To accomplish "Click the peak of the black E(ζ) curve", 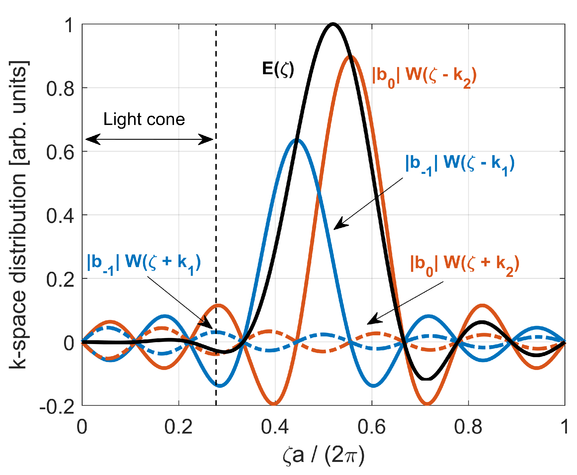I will (x=333, y=24).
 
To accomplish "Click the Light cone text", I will (x=144, y=120).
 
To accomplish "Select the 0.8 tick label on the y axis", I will (x=60, y=89).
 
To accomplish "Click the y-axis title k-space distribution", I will (x=19, y=215).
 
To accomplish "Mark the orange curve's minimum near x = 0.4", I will (x=274, y=404).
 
